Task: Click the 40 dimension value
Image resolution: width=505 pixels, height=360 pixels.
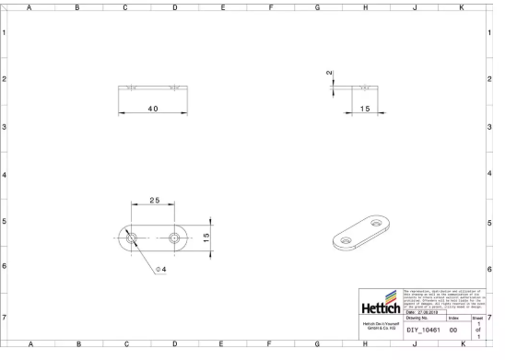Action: (x=152, y=109)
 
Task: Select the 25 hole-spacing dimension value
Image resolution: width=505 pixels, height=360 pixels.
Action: (x=155, y=200)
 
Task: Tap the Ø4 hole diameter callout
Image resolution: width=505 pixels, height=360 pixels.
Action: (x=161, y=269)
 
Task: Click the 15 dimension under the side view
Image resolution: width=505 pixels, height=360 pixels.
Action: (x=365, y=109)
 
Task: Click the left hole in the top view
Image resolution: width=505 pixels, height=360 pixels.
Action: (x=132, y=238)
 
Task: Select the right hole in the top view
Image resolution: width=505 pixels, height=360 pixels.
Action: (x=175, y=238)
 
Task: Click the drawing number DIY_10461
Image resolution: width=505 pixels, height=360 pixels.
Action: (x=424, y=329)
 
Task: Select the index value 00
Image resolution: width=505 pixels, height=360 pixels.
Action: (x=453, y=329)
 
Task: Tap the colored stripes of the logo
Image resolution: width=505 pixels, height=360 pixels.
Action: (x=393, y=296)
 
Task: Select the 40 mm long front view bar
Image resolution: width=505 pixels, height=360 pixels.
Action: (x=152, y=88)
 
